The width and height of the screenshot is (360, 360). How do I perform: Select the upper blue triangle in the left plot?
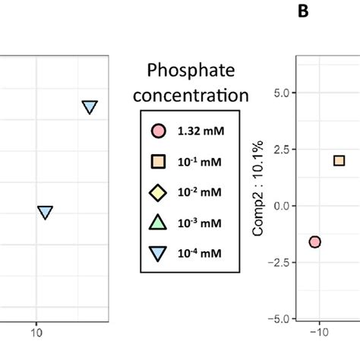tap(90, 107)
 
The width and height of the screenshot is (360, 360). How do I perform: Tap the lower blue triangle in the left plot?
tap(46, 212)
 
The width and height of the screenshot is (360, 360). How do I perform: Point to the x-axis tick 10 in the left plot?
tap(36, 332)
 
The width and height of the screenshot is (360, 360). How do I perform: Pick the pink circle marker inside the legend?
tap(157, 131)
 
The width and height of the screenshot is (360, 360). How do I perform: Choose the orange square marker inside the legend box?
tap(157, 162)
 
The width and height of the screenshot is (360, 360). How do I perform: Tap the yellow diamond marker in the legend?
tap(157, 192)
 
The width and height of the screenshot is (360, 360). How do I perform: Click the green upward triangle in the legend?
tap(157, 223)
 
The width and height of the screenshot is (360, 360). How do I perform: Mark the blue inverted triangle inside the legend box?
tap(157, 254)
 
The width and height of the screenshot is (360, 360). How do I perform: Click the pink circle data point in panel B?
tap(314, 242)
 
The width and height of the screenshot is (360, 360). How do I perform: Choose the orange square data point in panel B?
tap(339, 160)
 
